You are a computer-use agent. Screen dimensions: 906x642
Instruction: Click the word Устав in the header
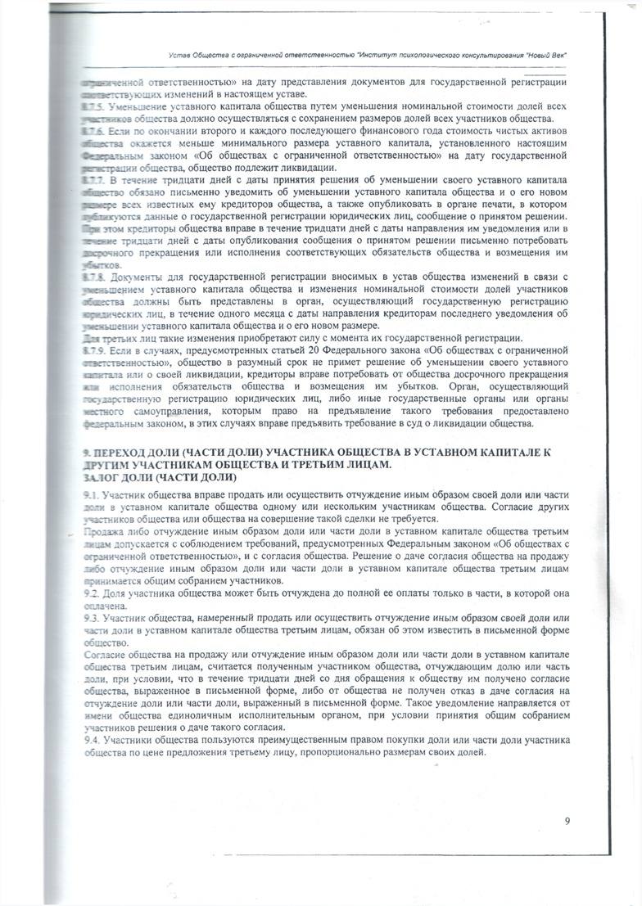click(179, 54)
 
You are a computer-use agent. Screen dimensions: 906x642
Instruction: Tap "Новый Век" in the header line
click(544, 54)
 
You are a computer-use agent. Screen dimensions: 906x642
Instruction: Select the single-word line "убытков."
click(101, 266)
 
